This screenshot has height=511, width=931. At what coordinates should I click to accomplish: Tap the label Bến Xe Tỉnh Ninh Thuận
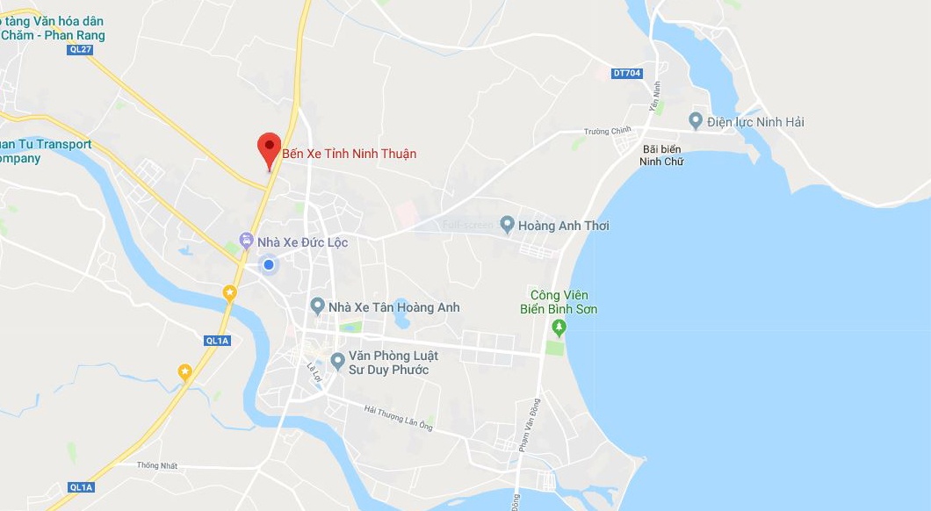349,154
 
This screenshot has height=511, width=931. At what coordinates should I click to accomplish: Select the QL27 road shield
80,50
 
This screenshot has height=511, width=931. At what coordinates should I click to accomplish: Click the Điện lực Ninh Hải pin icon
696,121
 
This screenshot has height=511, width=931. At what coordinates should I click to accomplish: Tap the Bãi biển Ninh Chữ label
661,155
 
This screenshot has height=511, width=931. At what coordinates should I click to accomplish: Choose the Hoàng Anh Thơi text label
563,226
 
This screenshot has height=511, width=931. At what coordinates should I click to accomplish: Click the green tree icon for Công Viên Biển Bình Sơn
559,327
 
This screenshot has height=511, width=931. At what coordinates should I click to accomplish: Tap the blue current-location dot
270,264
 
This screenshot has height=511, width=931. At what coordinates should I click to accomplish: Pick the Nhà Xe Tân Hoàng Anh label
393,307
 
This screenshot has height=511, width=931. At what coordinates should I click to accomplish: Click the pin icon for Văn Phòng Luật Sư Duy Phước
337,361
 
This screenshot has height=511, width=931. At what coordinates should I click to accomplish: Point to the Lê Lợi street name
314,373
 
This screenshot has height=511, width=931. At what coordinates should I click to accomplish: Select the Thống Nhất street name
157,465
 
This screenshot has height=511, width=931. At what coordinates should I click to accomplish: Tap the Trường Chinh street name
608,132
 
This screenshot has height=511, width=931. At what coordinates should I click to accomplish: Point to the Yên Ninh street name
654,96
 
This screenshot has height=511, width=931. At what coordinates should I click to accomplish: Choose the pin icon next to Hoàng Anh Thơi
507,225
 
